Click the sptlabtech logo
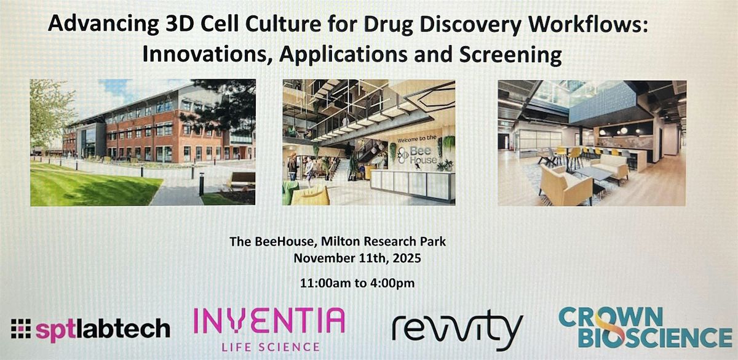pos(90,329)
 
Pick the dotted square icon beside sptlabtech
pos(21,329)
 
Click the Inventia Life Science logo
pos(269,329)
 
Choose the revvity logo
pos(458,330)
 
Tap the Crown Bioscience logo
pos(645,327)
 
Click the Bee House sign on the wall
pos(418,155)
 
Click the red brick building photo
pos(143,142)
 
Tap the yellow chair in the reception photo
pos(311,196)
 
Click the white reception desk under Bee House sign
pos(413,185)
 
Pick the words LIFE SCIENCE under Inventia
pos(271,347)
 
